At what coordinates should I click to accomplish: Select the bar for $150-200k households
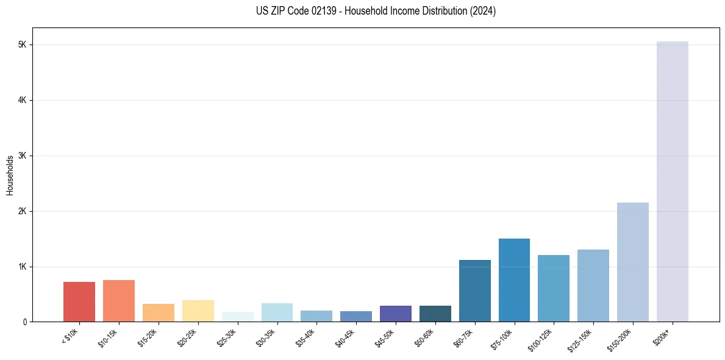click(x=632, y=262)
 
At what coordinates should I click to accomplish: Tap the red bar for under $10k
click(x=79, y=301)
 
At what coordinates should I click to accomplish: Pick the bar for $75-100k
click(x=514, y=280)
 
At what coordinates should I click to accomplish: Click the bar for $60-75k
click(x=474, y=290)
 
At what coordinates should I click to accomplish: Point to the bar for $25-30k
click(x=237, y=317)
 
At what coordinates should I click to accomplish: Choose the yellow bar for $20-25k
click(x=198, y=311)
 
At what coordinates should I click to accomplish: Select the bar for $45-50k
click(x=395, y=314)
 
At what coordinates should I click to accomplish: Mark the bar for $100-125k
click(x=554, y=288)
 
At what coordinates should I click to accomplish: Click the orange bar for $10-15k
click(x=119, y=301)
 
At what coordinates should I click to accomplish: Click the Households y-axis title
click(x=10, y=175)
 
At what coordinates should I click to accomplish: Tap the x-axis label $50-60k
click(x=424, y=336)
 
